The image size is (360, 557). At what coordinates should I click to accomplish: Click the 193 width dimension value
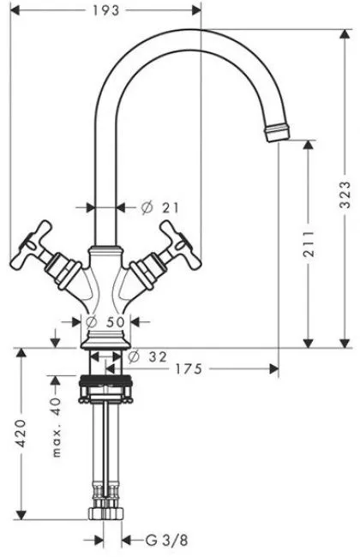click(x=106, y=10)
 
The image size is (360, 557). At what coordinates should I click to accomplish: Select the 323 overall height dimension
click(x=345, y=195)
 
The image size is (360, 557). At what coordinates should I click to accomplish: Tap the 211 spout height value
click(x=309, y=244)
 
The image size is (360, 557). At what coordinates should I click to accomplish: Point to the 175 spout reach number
click(x=189, y=369)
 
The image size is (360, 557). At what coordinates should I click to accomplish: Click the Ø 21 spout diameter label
click(x=160, y=207)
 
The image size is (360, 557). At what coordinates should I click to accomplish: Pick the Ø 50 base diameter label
click(x=105, y=322)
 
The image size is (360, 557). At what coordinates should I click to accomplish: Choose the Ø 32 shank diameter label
click(x=147, y=356)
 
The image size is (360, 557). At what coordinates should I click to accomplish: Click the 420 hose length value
click(x=21, y=433)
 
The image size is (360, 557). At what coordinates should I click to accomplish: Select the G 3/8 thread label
click(x=166, y=541)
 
